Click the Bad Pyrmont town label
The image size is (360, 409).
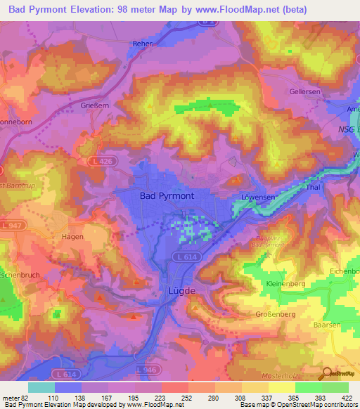(x=167, y=196)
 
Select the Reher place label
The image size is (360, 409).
(x=143, y=44)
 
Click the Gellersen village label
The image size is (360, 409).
(x=305, y=92)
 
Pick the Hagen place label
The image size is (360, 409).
(x=72, y=237)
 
